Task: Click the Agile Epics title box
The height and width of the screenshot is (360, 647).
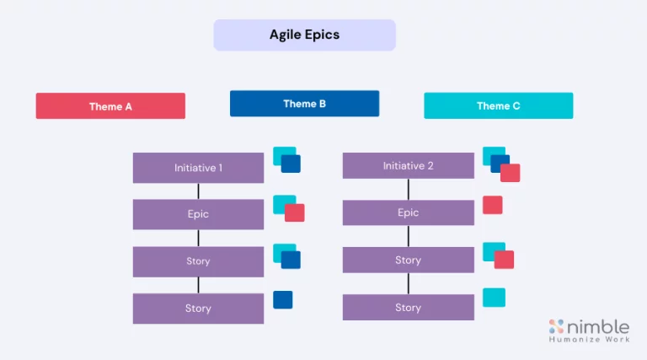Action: (304, 35)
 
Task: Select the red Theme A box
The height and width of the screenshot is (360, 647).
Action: (110, 106)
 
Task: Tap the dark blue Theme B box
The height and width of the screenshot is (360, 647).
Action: (304, 104)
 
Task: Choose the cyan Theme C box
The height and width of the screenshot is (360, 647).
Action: (498, 105)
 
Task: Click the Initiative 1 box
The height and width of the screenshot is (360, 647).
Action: (198, 168)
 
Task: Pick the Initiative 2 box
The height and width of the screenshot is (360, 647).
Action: (408, 166)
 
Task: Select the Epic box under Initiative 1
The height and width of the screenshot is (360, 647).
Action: (198, 214)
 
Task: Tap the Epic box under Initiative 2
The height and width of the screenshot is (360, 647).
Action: (408, 212)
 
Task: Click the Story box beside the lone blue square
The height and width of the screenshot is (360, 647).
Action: (198, 309)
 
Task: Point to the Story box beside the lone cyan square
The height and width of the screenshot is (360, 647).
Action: (408, 307)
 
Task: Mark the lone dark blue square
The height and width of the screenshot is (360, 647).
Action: (283, 299)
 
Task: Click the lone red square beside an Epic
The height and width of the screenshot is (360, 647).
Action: (492, 205)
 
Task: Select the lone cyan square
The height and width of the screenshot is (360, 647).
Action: (494, 297)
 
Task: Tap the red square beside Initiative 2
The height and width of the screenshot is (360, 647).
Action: (511, 173)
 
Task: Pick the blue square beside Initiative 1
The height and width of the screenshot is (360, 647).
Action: (291, 164)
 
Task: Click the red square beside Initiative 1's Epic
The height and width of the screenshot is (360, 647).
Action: (295, 212)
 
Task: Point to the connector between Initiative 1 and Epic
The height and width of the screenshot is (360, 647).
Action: (198, 191)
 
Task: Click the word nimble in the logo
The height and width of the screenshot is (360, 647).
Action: (601, 326)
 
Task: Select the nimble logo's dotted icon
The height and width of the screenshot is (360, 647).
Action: (556, 326)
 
